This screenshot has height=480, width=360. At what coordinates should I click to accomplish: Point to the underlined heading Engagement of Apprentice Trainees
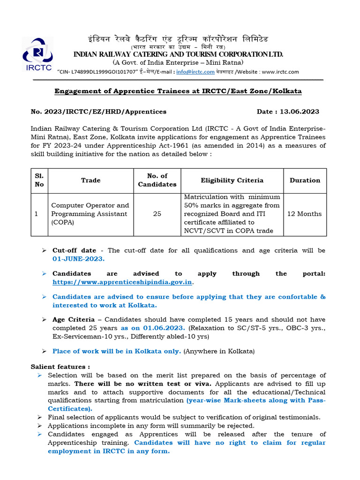click(178, 91)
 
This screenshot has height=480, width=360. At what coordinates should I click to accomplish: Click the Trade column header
click(90, 180)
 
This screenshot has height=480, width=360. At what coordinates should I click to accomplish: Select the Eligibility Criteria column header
click(232, 180)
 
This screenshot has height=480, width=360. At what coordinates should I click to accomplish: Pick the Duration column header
click(305, 180)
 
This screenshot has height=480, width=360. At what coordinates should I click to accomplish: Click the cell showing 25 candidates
click(157, 214)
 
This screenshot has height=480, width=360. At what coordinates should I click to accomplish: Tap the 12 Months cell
click(305, 214)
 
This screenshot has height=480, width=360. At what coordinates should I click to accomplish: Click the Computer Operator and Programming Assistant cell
click(90, 214)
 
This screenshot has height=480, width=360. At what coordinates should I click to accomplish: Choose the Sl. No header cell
click(39, 180)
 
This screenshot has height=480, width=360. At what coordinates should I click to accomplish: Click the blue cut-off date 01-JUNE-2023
click(78, 259)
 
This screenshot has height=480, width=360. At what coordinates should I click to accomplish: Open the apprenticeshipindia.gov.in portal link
click(122, 282)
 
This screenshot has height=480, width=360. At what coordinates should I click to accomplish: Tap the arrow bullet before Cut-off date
click(44, 251)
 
